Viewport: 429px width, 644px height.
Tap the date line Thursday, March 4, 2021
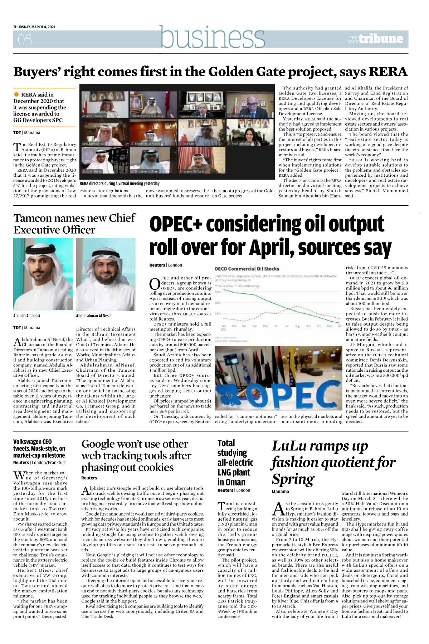[x=34, y=27]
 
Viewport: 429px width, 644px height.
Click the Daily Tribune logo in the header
[x=376, y=39]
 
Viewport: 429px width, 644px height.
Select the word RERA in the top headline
[x=388, y=72]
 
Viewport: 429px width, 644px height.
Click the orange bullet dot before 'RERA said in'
[x=16, y=94]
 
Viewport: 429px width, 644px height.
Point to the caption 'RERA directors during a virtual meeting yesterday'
[x=120, y=184]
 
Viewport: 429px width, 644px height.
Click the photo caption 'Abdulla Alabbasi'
[x=27, y=316]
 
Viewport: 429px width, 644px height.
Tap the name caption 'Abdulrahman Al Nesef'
[x=94, y=316]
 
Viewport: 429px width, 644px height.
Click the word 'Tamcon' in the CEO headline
[x=34, y=218]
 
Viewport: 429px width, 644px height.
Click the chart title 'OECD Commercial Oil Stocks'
[x=247, y=269]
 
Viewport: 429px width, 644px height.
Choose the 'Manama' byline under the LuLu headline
[x=280, y=491]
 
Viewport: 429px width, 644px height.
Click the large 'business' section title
[x=213, y=37]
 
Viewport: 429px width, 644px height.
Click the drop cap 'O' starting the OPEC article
[x=154, y=284]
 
